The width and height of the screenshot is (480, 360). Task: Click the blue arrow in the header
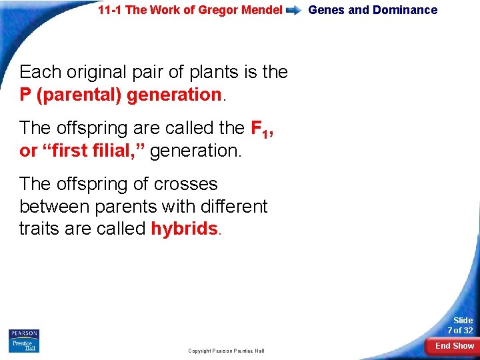[x=294, y=11]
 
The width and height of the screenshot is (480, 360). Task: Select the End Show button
[x=455, y=346]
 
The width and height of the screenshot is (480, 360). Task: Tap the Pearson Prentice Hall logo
[x=24, y=340]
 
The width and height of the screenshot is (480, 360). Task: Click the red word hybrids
[x=184, y=229]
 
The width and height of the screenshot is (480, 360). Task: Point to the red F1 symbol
[x=259, y=127]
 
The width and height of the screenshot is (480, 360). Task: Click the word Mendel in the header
[x=263, y=10]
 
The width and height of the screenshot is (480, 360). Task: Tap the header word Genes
[x=327, y=10]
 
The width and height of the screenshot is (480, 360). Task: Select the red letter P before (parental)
[x=26, y=95]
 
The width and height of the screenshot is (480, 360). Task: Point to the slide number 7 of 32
[x=460, y=326]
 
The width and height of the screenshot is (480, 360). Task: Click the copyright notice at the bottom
[x=226, y=351]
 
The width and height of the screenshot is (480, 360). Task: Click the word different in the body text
[x=233, y=206]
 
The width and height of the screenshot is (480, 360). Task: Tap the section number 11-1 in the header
[x=110, y=10]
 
